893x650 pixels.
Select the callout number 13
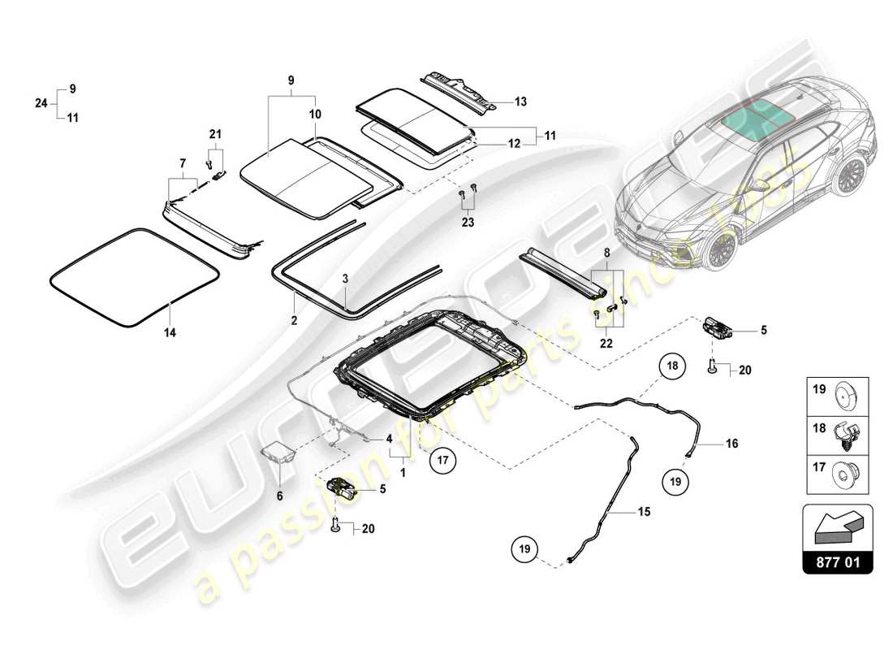coord(520,102)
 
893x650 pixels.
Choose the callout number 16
coord(731,444)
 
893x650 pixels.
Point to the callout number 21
coord(214,133)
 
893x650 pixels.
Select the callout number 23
coord(468,221)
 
